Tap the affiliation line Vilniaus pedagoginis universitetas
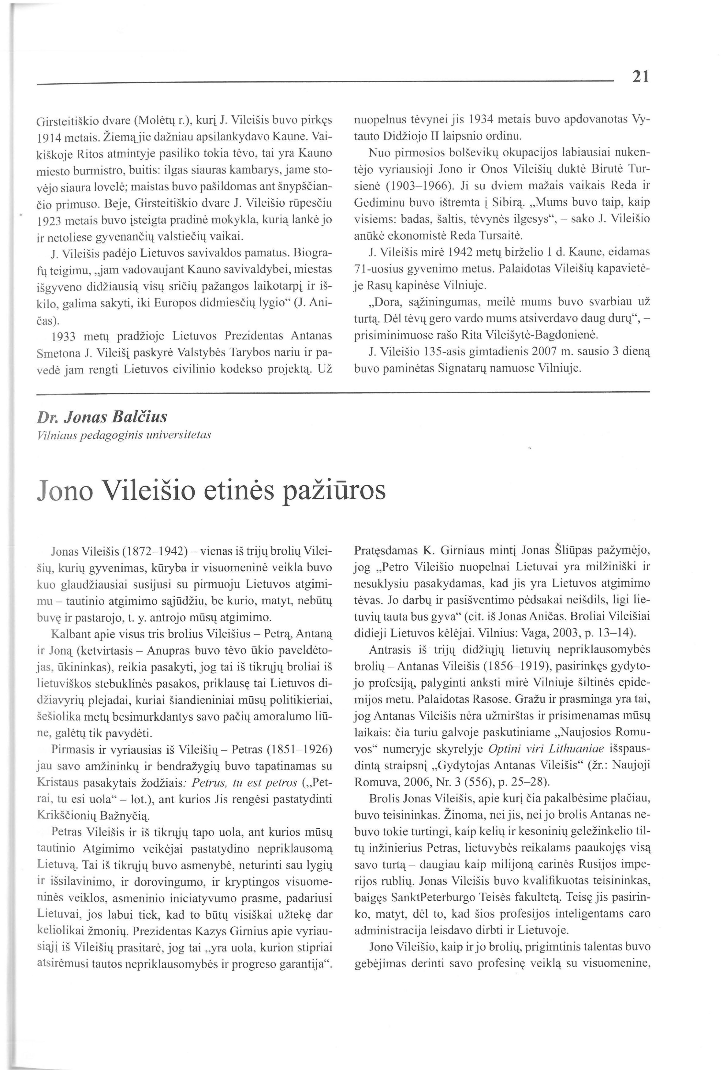(x=124, y=435)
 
